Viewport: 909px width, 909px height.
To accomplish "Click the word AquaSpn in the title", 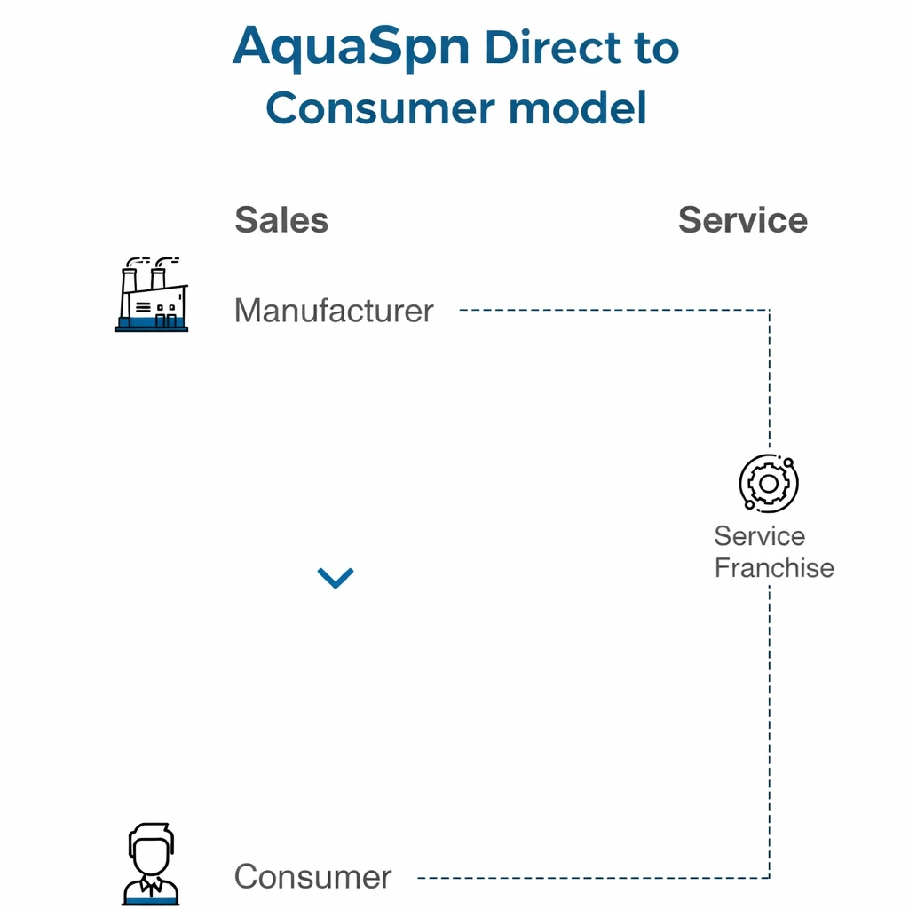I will tap(351, 48).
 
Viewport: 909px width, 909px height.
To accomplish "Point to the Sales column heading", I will tap(281, 220).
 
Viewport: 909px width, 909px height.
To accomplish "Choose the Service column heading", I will tap(742, 220).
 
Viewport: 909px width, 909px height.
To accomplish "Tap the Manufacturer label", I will tap(334, 311).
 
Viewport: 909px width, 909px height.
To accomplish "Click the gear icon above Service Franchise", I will tap(769, 483).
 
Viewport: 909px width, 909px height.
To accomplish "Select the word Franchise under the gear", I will tap(774, 568).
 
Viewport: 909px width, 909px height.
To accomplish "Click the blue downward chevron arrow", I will tap(336, 578).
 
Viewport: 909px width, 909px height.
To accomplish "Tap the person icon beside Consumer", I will tap(150, 865).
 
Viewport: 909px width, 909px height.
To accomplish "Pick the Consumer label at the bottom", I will tap(312, 877).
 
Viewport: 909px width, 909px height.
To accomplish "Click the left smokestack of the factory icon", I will tap(130, 281).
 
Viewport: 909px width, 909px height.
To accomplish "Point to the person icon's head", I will tap(150, 850).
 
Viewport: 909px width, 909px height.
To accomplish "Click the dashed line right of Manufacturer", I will tap(613, 310).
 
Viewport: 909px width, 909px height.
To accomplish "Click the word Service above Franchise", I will tap(759, 536).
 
